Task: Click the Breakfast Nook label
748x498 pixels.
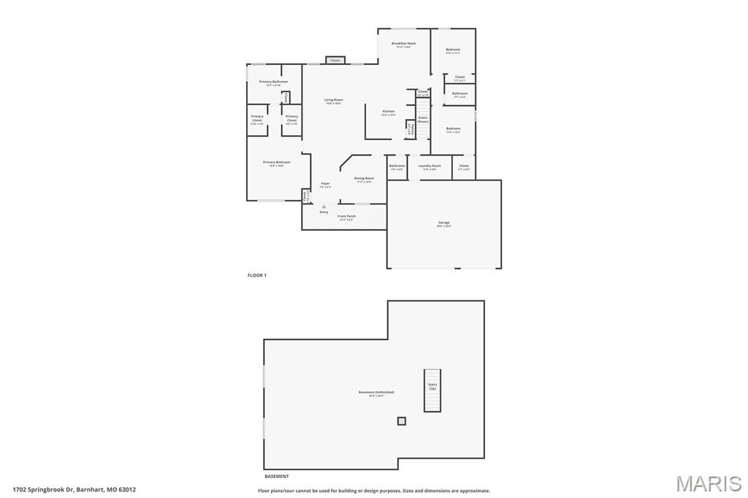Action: coord(403,44)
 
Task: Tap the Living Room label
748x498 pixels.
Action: coord(333,100)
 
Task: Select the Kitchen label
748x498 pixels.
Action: coord(389,112)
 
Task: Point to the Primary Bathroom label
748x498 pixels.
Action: coord(273,82)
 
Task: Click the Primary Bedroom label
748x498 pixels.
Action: coord(276,162)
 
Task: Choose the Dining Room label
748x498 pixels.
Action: coord(364,178)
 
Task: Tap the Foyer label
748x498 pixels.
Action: coord(325,184)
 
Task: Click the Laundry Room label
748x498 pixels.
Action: coord(430,166)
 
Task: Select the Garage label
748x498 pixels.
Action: coord(443,223)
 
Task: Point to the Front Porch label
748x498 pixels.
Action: coord(346,217)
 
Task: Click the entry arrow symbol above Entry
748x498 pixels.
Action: coord(324,207)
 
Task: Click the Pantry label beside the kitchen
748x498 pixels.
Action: coord(411,129)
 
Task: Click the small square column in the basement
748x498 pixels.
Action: coord(401,421)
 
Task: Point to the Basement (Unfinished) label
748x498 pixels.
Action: coord(376,393)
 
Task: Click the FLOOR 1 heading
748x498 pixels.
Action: coord(257,275)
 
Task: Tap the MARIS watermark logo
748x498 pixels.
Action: coord(709,483)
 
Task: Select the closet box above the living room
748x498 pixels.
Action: coord(335,61)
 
